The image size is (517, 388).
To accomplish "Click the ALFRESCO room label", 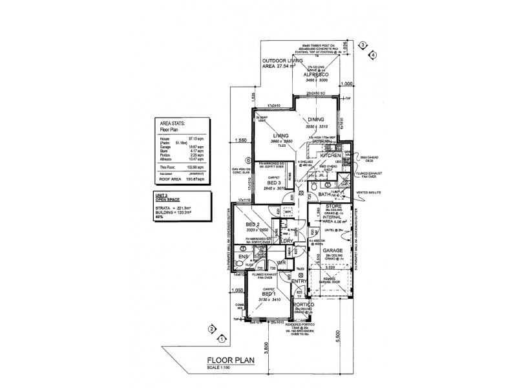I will click(316, 75).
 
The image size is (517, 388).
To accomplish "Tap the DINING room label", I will click(316, 120).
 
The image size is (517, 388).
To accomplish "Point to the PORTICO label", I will click(303, 304).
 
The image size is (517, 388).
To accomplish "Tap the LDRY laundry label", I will click(287, 241).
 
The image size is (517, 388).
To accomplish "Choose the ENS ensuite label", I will click(244, 257).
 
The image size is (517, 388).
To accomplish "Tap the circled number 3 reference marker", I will click(363, 45).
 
